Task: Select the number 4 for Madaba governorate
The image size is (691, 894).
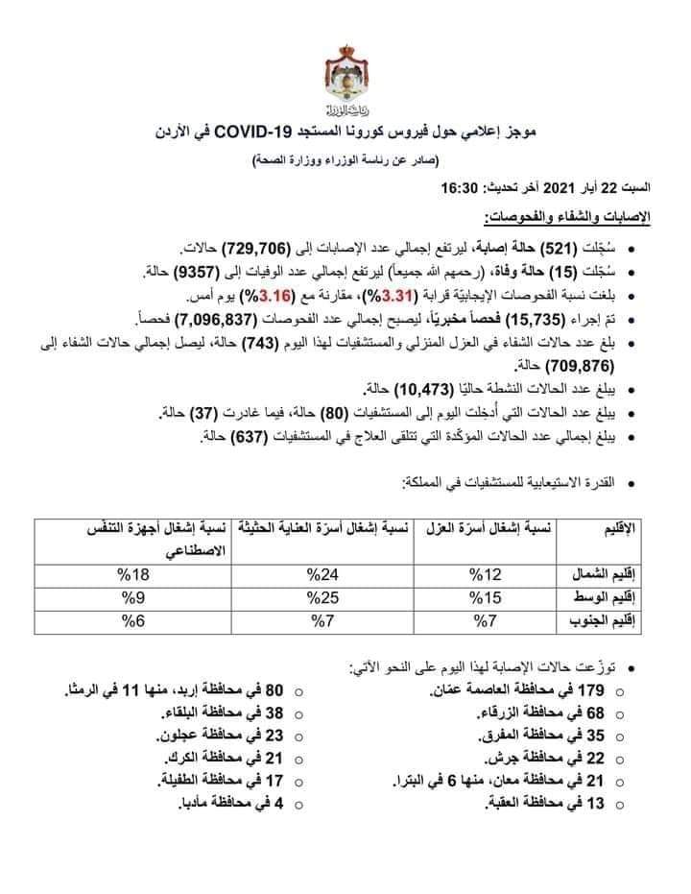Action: (278, 802)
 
